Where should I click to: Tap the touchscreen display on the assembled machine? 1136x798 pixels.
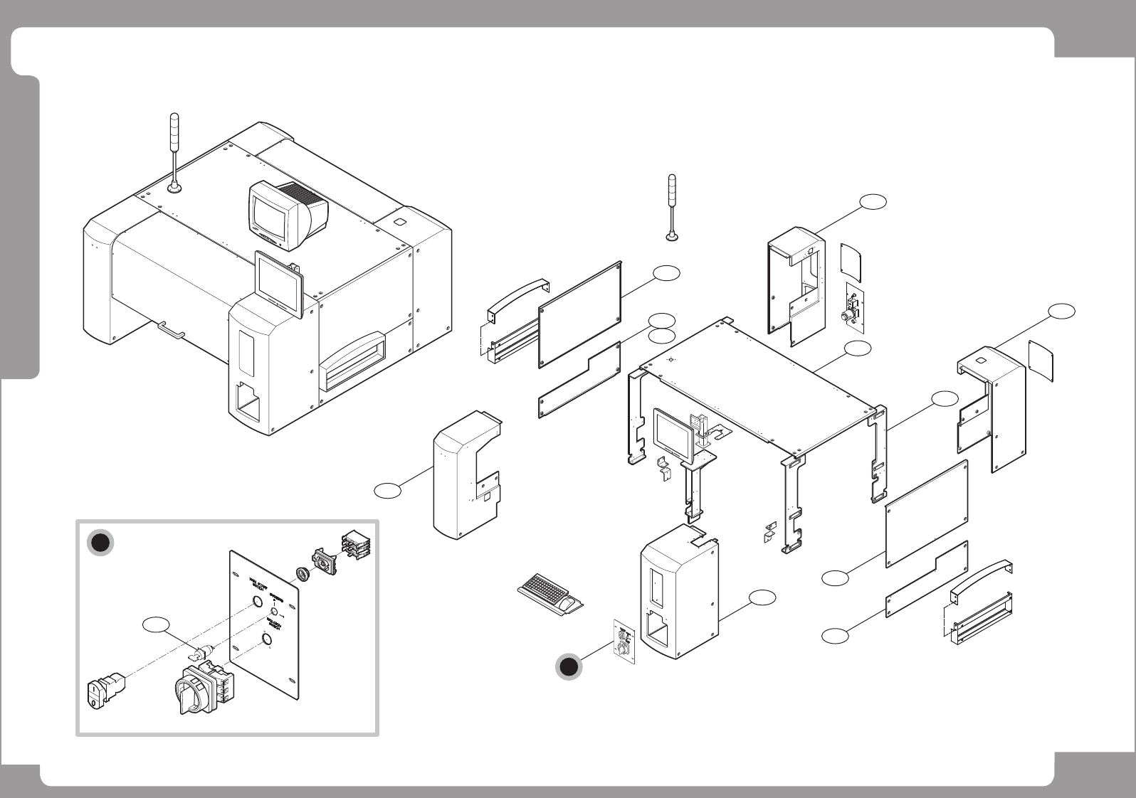point(279,283)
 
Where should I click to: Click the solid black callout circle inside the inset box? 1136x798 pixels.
point(101,543)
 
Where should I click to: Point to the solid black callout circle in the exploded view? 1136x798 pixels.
point(568,666)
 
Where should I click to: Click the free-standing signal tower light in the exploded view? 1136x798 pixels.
point(671,206)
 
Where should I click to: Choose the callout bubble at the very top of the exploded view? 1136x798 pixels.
point(872,201)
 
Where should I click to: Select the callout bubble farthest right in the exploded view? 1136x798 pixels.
point(1061,311)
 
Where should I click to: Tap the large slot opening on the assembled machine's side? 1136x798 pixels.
point(354,363)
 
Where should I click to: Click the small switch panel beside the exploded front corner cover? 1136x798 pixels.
point(624,641)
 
